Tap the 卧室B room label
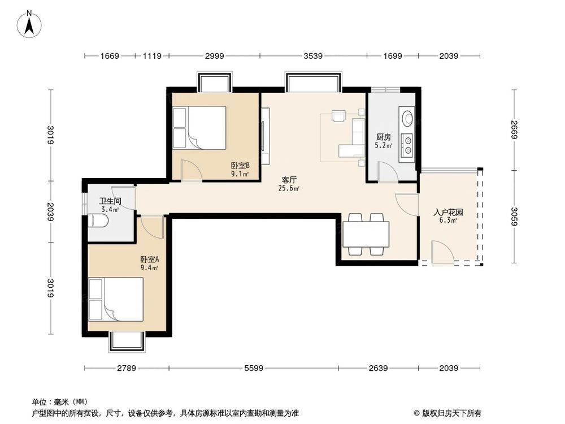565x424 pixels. [240, 166]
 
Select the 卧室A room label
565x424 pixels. [150, 259]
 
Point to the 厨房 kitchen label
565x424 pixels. [384, 137]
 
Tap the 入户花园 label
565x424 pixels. [448, 213]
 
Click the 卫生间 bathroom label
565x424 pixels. [110, 201]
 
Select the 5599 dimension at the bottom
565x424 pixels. [254, 369]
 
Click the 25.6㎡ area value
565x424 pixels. [289, 189]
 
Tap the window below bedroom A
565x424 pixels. [127, 341]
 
